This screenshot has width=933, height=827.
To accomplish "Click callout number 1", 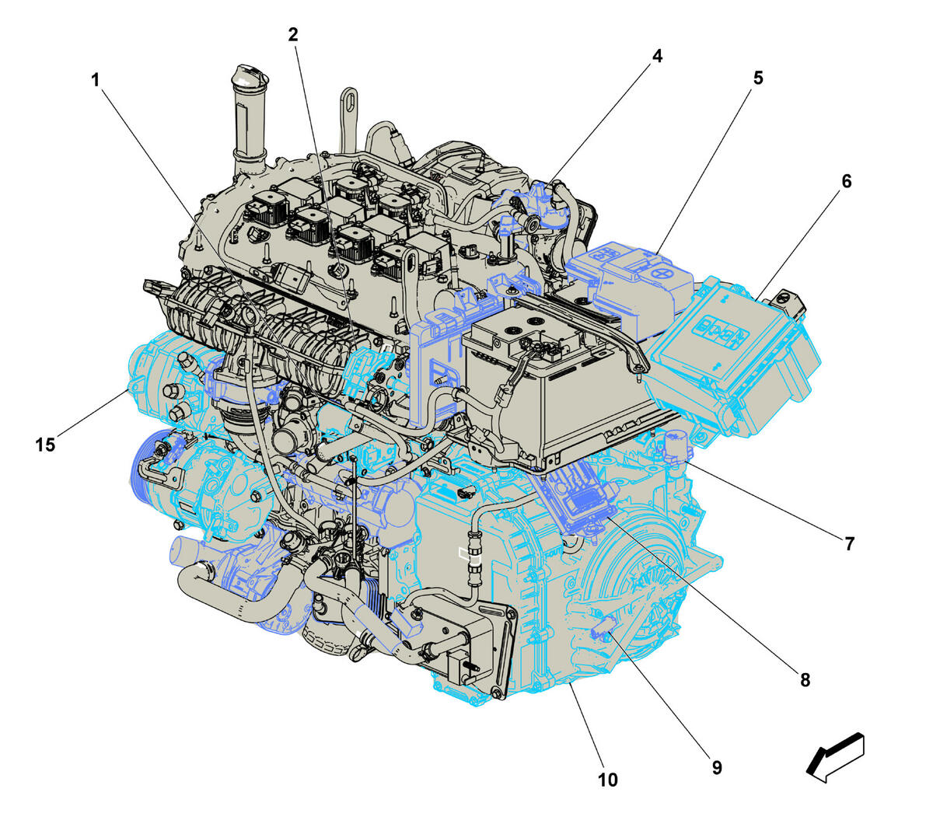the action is (x=96, y=80).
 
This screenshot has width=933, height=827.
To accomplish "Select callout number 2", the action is (x=293, y=34).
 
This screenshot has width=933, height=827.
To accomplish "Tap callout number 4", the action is (x=657, y=56).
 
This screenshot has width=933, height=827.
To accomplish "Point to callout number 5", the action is (x=758, y=78).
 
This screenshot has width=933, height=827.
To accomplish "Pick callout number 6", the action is (x=847, y=181).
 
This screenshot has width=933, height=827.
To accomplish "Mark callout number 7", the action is (x=850, y=544).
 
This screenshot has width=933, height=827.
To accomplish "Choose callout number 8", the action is (x=805, y=679).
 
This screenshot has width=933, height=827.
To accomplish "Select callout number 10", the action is (x=607, y=780).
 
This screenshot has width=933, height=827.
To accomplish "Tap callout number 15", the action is (x=45, y=445).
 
